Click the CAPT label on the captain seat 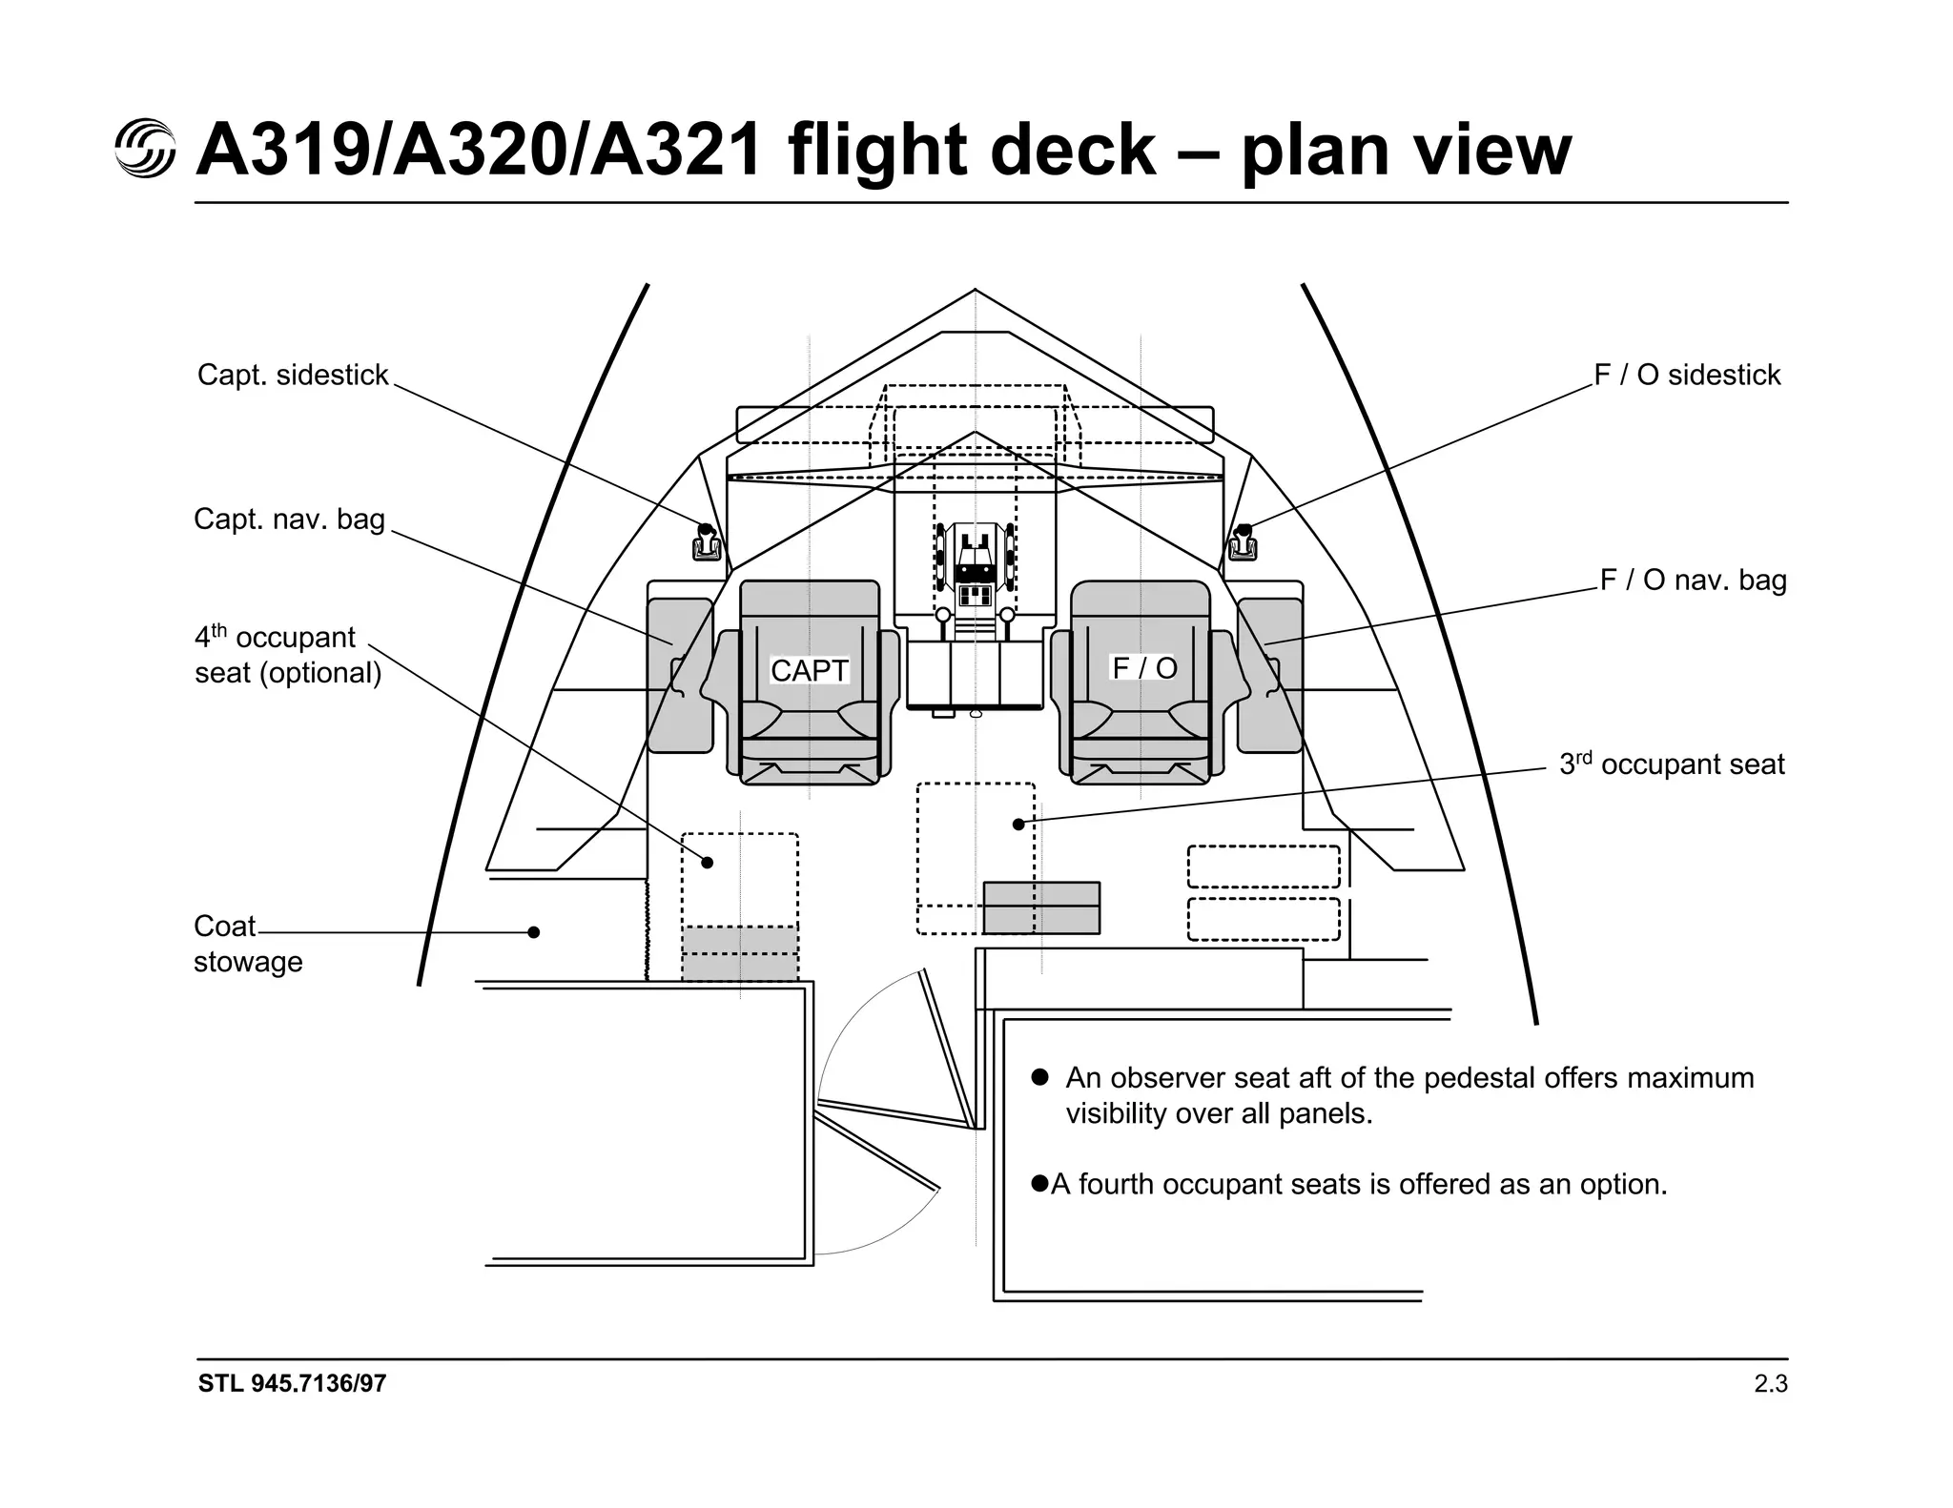pos(809,670)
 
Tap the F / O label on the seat pos(1144,667)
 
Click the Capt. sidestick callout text pos(293,375)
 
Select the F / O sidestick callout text pos(1687,375)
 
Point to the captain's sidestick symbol pos(706,543)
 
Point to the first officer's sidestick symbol pos(1243,543)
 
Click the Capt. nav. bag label pos(289,520)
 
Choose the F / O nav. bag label pos(1693,580)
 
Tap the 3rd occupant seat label pos(1672,764)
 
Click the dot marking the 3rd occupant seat pos(1018,824)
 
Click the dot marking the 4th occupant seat pos(708,862)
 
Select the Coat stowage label pos(247,944)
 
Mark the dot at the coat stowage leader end pos(534,932)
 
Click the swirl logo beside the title pos(145,149)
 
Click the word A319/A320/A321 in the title pos(479,151)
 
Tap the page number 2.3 pos(1770,1384)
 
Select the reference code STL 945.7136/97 pos(292,1384)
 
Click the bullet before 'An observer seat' pos(1040,1077)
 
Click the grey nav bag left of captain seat pos(679,675)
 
